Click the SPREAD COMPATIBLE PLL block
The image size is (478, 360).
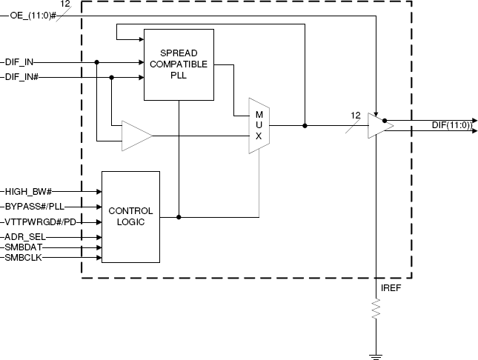coord(179,64)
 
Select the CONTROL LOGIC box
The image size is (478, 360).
coord(130,217)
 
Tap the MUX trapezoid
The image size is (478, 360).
coord(259,126)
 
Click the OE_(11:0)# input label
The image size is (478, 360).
coord(33,16)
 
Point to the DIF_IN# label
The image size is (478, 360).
coord(21,77)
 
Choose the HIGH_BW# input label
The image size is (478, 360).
coord(28,192)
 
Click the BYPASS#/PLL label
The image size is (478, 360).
coord(35,207)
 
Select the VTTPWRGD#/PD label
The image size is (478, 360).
coord(40,222)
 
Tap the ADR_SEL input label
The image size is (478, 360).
coord(25,237)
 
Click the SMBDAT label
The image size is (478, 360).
coord(24,247)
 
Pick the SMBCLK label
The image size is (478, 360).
coord(23,258)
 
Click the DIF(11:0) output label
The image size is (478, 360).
coord(452,125)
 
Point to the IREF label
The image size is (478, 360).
coord(391,288)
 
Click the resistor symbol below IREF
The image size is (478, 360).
coord(376,309)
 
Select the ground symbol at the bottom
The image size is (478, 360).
coord(376,357)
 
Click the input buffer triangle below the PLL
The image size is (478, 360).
coord(137,136)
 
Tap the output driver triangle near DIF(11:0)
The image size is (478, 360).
coord(380,126)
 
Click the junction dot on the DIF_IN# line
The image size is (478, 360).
coord(112,78)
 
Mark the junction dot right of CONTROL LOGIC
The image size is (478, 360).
coord(179,217)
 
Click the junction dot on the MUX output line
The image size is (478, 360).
coord(305,126)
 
